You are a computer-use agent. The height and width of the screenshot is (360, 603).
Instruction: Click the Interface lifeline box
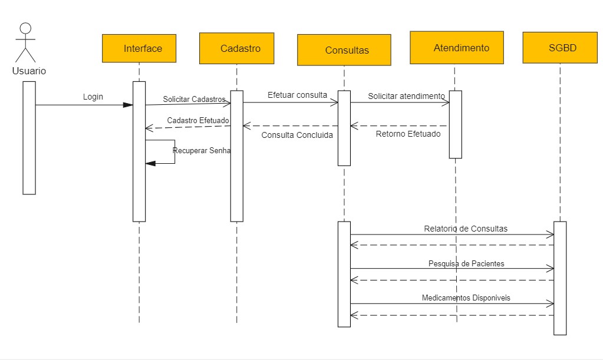[139, 48]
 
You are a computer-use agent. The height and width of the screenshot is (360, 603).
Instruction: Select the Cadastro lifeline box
[236, 48]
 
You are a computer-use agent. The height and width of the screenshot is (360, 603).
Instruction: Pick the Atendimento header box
[457, 48]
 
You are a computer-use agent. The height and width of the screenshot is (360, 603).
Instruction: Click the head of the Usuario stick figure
[25, 29]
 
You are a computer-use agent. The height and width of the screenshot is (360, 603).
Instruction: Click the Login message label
[93, 97]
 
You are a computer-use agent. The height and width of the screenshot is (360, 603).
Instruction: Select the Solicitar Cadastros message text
[194, 99]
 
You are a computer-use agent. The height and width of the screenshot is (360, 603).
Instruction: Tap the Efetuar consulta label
[297, 94]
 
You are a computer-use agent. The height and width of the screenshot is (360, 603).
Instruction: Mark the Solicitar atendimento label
[407, 95]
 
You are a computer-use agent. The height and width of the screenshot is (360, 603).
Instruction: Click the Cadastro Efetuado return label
[198, 120]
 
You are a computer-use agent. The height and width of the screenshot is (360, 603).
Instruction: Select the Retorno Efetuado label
[408, 134]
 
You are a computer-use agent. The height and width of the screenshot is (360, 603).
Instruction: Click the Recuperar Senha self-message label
[202, 150]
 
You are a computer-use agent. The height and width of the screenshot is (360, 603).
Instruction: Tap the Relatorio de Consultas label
[466, 229]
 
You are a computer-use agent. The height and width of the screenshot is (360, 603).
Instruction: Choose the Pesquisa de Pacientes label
[466, 264]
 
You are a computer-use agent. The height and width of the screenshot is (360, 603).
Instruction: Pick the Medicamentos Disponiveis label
[466, 298]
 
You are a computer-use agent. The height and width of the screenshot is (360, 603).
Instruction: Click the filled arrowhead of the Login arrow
[128, 105]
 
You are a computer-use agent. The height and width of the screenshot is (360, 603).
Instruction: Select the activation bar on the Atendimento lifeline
[455, 124]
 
